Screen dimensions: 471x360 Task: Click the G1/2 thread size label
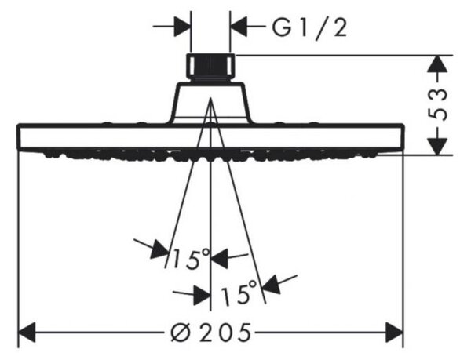310,27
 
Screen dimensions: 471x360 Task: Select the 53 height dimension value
437,104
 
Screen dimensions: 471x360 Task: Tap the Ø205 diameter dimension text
210,333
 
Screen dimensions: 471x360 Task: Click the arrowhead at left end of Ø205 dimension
27,333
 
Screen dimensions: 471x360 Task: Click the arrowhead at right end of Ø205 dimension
394,333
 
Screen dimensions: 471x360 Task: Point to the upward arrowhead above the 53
437,64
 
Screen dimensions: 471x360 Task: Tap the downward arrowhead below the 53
437,147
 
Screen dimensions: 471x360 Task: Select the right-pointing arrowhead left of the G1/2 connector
183,27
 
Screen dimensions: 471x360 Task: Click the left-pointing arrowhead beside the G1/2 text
239,27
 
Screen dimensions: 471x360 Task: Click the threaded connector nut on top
210,67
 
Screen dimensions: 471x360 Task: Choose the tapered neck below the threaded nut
210,103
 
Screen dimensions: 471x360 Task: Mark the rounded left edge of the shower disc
20,136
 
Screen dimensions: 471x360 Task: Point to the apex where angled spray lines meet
210,98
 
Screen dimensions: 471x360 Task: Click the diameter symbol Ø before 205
181,333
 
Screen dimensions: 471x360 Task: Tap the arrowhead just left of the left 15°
159,249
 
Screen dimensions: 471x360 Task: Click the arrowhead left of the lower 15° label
202,295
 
